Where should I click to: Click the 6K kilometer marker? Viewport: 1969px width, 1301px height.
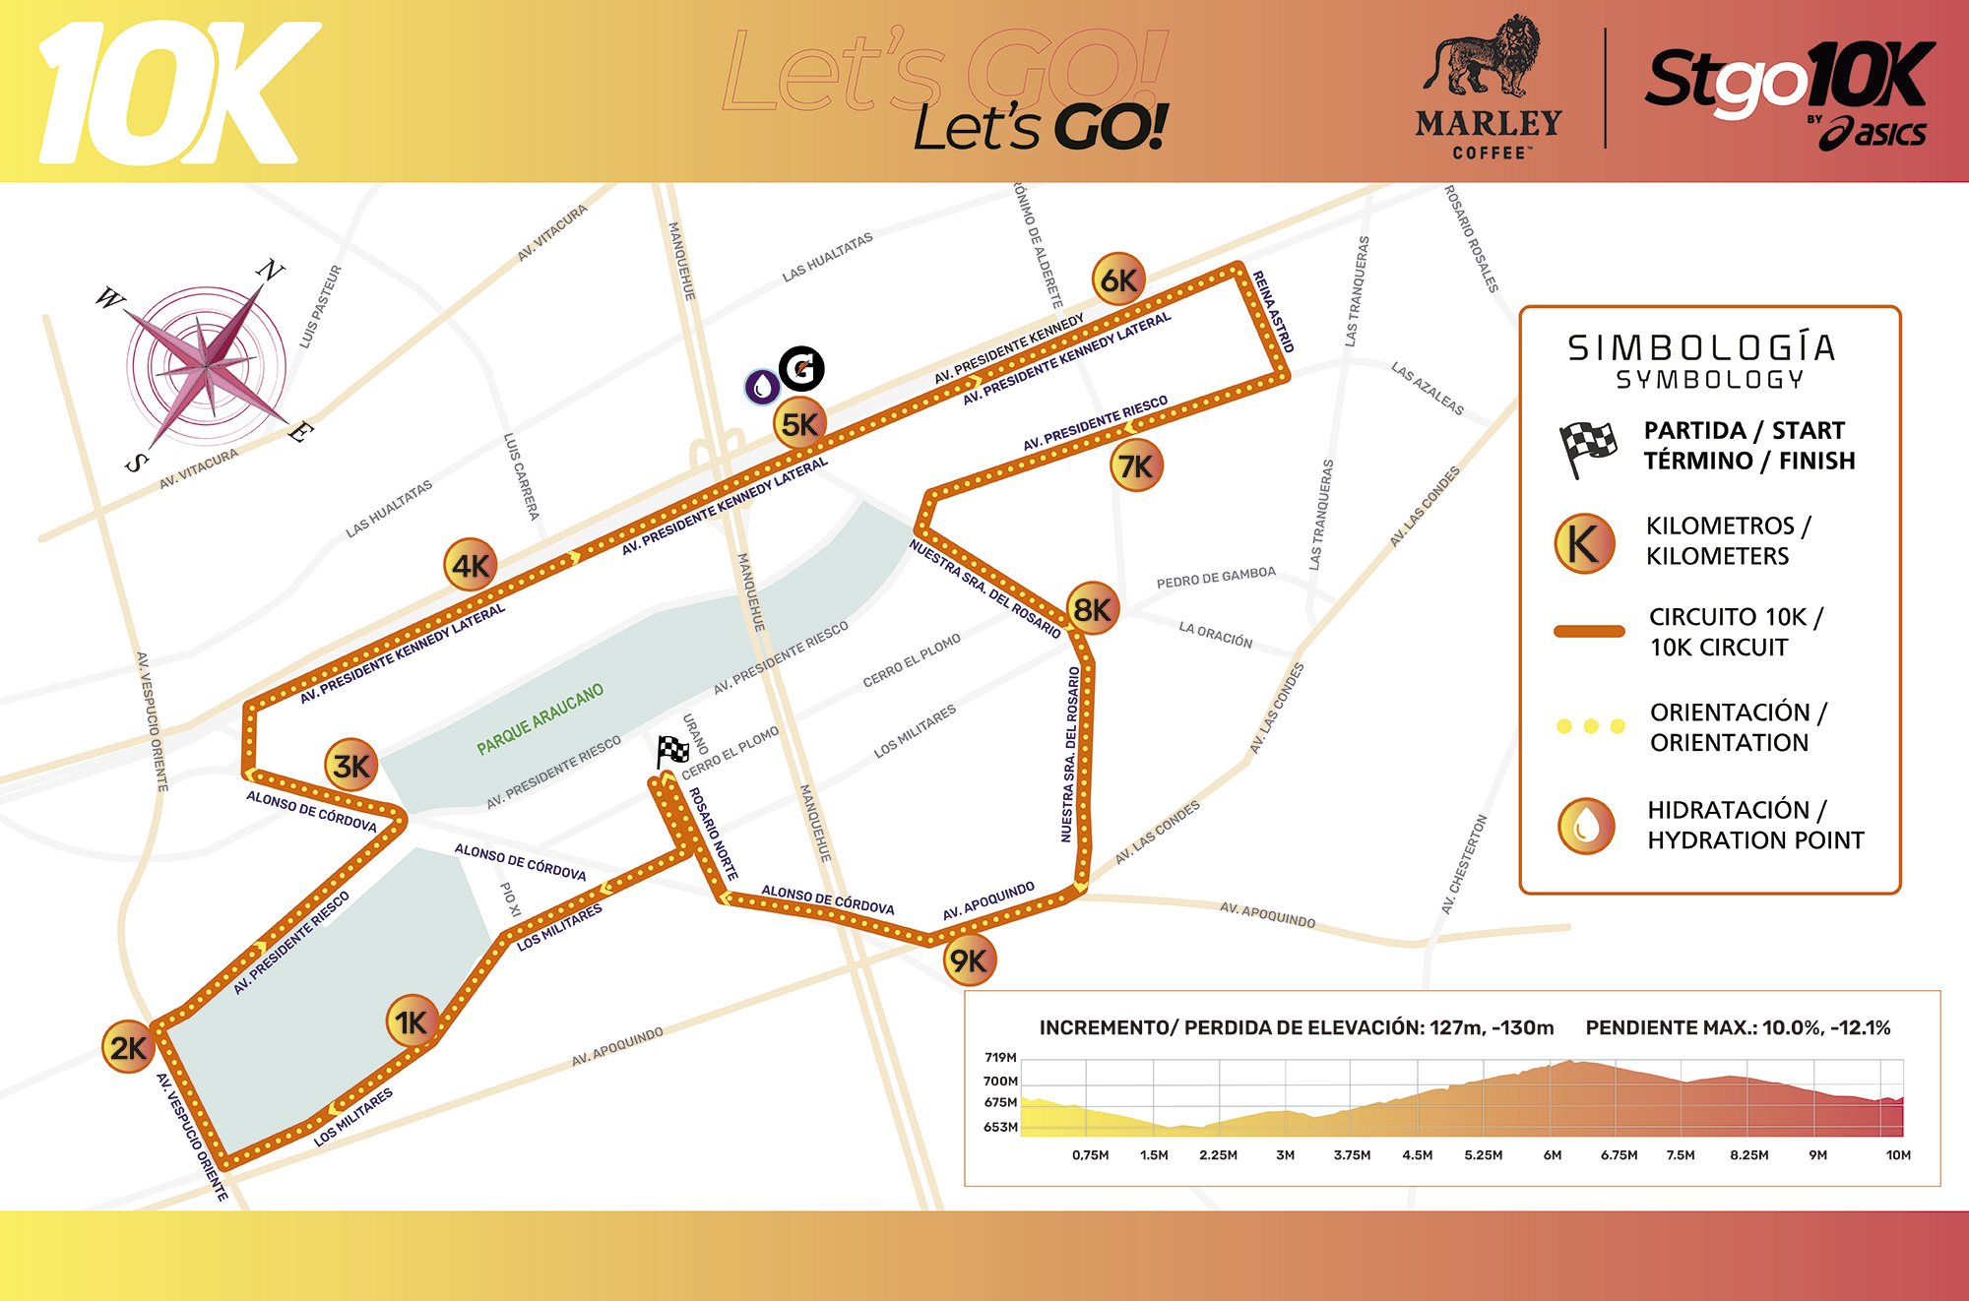[x=1117, y=280]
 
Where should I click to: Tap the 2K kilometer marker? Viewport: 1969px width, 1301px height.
[x=128, y=1047]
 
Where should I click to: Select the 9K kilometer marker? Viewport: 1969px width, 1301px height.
[x=969, y=960]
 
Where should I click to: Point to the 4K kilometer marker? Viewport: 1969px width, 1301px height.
[x=470, y=565]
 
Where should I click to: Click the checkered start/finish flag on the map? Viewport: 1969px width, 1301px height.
[x=672, y=753]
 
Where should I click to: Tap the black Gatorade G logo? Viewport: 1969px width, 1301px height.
[x=801, y=369]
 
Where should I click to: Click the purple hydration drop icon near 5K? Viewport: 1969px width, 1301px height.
[x=761, y=387]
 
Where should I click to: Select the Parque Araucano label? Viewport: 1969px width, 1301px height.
[x=540, y=719]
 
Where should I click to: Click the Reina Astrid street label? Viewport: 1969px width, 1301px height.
[x=1273, y=312]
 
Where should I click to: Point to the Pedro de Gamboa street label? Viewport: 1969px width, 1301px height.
[x=1216, y=578]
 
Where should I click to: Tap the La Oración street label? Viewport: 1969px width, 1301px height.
[x=1216, y=635]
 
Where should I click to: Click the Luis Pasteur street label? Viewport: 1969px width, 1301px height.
[x=321, y=306]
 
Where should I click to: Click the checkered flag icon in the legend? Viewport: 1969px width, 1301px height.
[x=1586, y=447]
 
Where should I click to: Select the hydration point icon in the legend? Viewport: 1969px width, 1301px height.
[x=1585, y=825]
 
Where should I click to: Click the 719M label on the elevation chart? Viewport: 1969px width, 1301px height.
[x=1000, y=1058]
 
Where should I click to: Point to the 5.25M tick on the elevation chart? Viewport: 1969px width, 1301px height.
[x=1483, y=1155]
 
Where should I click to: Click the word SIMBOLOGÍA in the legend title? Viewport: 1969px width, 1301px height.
[x=1702, y=347]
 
